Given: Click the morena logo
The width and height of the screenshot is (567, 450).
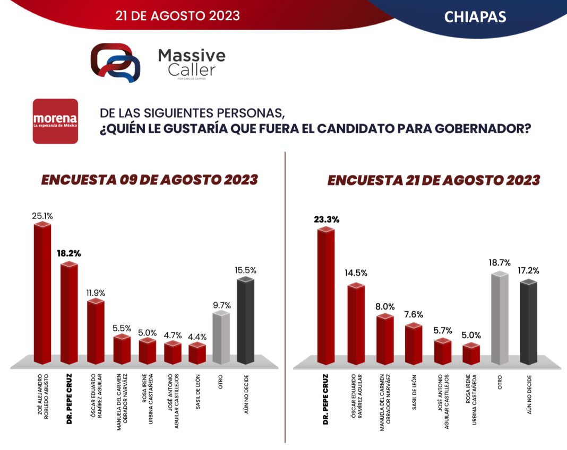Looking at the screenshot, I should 55,121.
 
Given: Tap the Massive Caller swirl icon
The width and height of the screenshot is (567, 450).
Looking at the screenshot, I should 115,63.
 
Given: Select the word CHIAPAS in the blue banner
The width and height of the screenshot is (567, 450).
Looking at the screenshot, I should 475,17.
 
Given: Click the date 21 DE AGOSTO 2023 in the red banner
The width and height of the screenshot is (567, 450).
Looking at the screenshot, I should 177,15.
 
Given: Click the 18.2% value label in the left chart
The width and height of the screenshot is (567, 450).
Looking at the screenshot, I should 69,253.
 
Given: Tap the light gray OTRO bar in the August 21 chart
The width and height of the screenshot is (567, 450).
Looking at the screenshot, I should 500,318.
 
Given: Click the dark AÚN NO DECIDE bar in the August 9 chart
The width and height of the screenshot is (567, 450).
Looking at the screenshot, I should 245,321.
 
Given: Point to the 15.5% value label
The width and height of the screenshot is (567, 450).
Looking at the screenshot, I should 245,270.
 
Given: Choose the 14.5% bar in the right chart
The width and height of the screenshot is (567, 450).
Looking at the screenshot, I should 355,324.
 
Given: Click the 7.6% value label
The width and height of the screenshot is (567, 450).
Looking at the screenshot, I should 413,314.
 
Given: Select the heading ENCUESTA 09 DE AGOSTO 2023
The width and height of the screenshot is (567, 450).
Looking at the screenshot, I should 149,180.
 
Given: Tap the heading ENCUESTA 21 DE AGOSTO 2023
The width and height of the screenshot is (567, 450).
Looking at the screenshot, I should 433,180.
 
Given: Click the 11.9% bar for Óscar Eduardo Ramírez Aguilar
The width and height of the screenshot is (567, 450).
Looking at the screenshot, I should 95,332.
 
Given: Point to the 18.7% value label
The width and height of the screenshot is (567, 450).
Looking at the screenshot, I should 500,262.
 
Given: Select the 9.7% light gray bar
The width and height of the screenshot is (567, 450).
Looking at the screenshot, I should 221,338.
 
